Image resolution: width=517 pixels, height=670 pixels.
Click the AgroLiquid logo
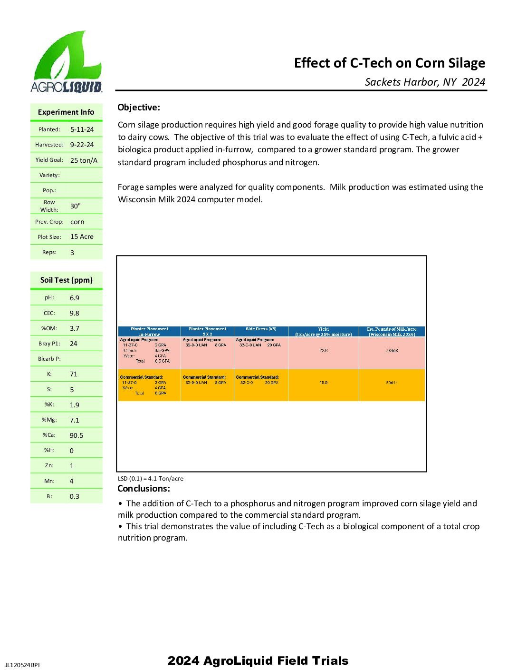click(67, 62)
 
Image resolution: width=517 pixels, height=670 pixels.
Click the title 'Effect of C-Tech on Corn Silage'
click(389, 63)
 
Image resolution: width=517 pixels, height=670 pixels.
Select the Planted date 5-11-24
click(82, 129)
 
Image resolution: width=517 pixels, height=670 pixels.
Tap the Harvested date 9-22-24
click(82, 145)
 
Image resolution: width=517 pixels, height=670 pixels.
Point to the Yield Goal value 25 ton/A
click(84, 160)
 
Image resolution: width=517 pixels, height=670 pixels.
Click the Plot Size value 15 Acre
click(82, 236)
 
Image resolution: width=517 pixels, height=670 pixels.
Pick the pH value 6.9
click(75, 298)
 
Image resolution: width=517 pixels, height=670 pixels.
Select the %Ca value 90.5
click(77, 435)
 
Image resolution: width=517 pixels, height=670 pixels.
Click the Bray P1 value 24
click(74, 344)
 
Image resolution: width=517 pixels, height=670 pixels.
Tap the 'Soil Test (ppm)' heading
click(67, 280)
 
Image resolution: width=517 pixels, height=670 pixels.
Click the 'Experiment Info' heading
click(66, 112)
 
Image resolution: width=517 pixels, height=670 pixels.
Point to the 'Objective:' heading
click(139, 108)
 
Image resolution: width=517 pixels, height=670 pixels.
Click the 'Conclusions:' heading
click(144, 489)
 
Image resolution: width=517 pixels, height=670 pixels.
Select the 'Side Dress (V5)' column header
click(261, 329)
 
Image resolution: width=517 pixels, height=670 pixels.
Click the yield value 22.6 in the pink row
click(323, 350)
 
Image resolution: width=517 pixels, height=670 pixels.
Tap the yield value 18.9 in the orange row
click(323, 383)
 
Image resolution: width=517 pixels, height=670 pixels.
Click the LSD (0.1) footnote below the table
click(151, 479)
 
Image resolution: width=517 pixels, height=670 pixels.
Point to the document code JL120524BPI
click(22, 665)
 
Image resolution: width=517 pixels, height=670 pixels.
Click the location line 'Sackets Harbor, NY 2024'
click(425, 82)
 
